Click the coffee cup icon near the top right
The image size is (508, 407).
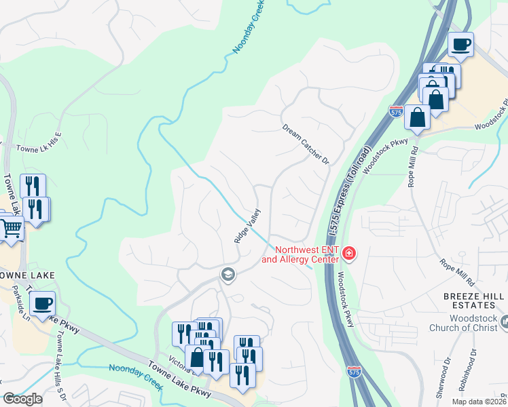tap(462, 45)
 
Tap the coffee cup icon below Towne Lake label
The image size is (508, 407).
tap(43, 303)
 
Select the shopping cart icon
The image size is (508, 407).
tap(12, 229)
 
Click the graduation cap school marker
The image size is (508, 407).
tap(228, 274)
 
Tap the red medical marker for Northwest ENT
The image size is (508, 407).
tap(349, 254)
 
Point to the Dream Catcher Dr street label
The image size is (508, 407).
tap(306, 143)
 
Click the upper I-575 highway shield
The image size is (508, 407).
tap(397, 111)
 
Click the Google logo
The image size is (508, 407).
tap(22, 400)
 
